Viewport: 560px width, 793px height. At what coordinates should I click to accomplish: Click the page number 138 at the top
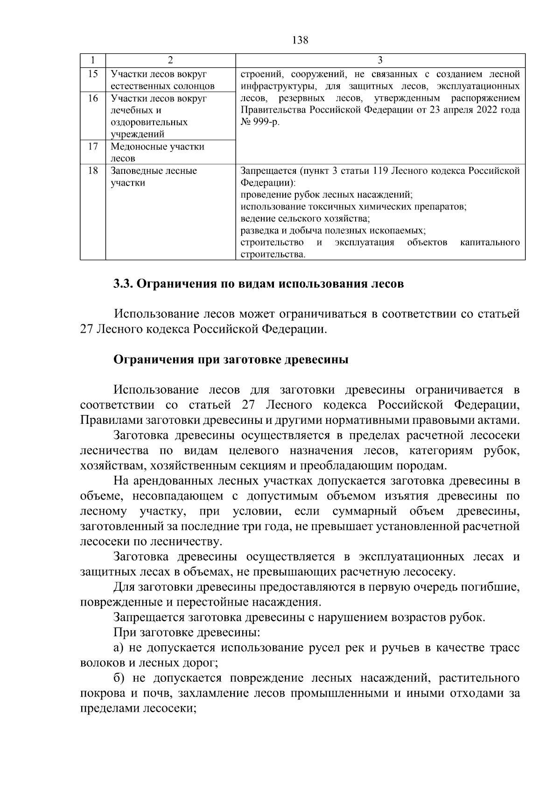[300, 40]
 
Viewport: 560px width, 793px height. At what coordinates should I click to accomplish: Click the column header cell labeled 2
[170, 60]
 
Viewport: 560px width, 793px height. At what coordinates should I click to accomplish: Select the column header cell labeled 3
[380, 60]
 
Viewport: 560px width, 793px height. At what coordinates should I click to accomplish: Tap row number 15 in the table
[93, 74]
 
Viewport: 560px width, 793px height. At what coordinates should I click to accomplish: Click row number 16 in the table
[93, 98]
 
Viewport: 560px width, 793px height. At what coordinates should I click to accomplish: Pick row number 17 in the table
[93, 146]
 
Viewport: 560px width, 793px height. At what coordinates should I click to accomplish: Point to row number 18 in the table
[93, 171]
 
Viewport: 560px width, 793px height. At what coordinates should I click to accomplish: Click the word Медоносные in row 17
[137, 147]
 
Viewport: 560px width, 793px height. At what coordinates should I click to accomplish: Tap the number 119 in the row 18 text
[379, 171]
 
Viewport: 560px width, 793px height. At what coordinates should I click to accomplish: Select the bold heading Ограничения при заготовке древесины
[231, 360]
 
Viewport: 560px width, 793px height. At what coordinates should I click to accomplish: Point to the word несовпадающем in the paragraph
[171, 496]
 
